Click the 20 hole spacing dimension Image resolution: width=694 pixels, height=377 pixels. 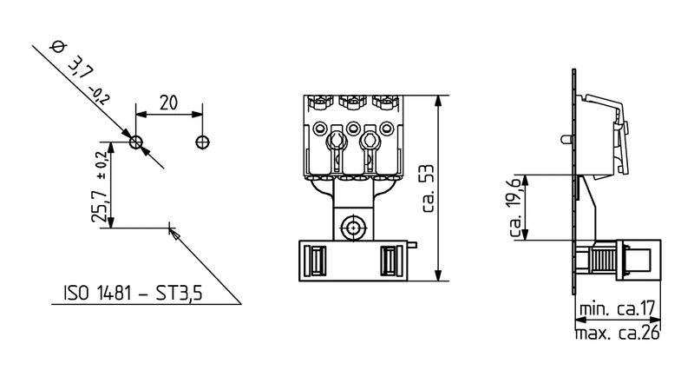pyautogui.click(x=168, y=102)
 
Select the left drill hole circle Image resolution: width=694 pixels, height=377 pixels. pyautogui.click(x=135, y=142)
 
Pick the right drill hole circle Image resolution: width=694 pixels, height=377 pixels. pyautogui.click(x=202, y=142)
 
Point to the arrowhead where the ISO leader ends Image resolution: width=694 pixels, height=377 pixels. pyautogui.click(x=172, y=231)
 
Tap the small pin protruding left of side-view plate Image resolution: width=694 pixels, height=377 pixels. pyautogui.click(x=565, y=139)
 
